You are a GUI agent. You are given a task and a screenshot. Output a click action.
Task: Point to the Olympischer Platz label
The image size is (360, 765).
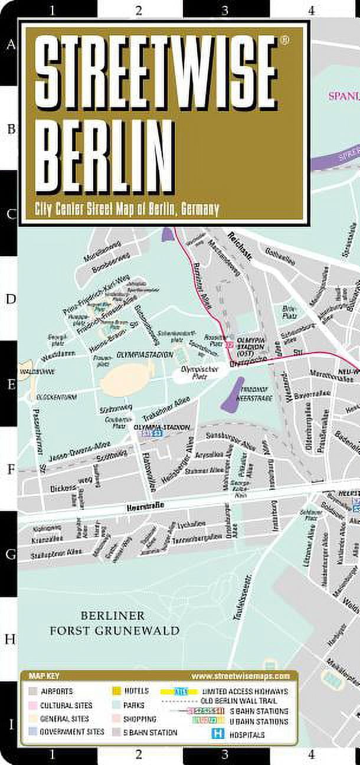coord(199,373)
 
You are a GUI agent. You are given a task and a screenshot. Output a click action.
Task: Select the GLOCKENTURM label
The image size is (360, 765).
coord(57,397)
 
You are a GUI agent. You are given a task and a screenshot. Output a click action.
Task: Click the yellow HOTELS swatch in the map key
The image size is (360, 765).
coord(115,691)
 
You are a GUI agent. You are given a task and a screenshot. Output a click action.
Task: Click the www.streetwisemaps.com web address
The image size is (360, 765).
coord(240,676)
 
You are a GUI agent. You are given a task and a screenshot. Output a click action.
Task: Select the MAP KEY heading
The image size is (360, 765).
coord(41,676)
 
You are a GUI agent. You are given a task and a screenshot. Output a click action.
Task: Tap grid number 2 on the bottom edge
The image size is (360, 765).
coord(139,753)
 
